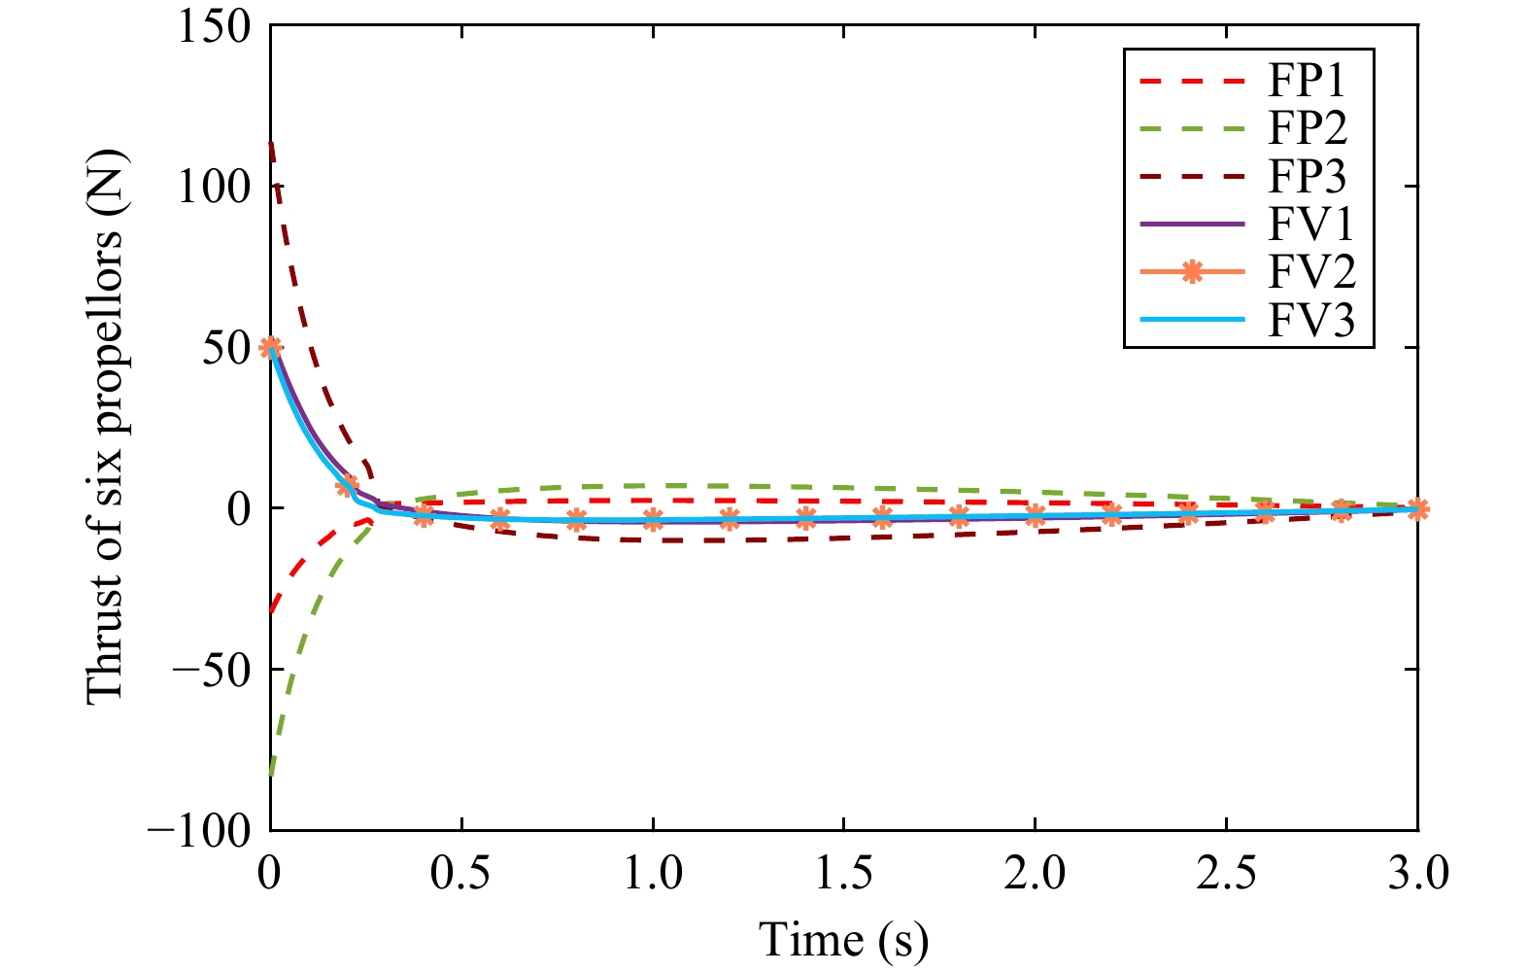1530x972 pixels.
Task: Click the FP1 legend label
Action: point(1308,81)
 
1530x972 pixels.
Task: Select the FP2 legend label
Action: point(1308,128)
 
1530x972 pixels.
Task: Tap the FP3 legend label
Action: point(1308,177)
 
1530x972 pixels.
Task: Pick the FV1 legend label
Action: point(1310,225)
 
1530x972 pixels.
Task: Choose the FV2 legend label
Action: point(1311,272)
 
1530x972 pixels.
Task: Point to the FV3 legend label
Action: point(1311,320)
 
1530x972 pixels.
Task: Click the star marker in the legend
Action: point(1191,273)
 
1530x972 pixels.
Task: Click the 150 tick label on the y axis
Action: point(213,26)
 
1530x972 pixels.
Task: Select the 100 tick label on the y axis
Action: point(213,187)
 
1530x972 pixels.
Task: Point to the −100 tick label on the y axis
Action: point(198,830)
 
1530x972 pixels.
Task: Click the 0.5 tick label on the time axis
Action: point(461,873)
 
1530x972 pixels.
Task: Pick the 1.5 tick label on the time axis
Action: point(844,873)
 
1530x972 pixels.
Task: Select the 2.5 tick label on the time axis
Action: point(1227,873)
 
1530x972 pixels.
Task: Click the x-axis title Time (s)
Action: point(843,940)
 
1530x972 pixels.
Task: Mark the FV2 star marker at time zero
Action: point(271,347)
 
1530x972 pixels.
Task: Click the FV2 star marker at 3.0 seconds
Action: point(1418,508)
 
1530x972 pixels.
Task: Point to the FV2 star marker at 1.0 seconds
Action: point(653,520)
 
